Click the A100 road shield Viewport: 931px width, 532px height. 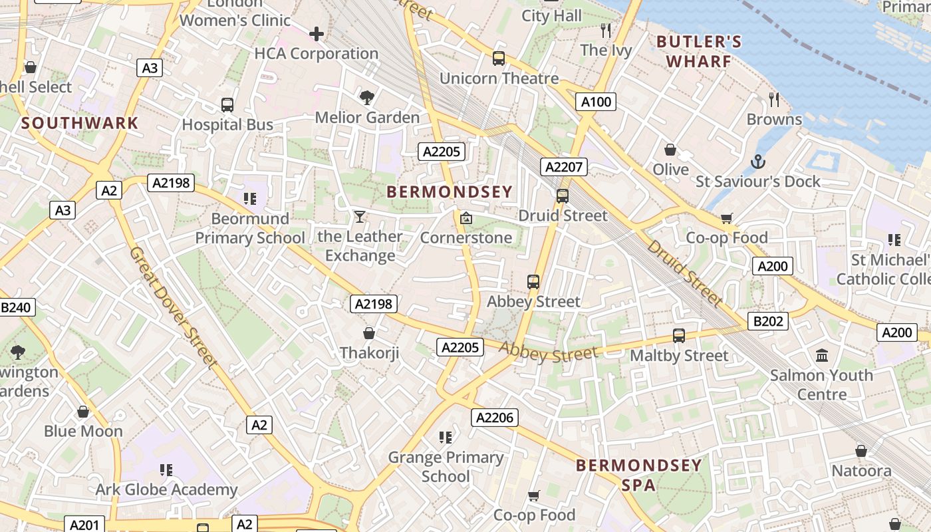(595, 102)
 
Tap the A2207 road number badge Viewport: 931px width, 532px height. (563, 167)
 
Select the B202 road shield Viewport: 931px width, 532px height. (768, 321)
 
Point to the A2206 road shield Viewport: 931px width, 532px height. (495, 418)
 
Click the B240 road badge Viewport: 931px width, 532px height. (17, 307)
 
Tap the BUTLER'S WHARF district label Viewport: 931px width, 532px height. (699, 52)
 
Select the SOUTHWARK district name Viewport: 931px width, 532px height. (80, 123)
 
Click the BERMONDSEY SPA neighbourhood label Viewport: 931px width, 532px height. (638, 475)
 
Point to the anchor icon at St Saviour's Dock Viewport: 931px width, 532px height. (757, 162)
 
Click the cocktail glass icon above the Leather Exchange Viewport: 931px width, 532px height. (360, 216)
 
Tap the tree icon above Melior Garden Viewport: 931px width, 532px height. (366, 98)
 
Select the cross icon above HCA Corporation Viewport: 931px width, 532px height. (317, 33)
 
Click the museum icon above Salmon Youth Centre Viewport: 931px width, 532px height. (822, 355)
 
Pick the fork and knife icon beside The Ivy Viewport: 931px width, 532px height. (605, 30)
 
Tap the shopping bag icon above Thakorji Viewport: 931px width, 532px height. (369, 332)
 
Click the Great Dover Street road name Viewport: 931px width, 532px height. (173, 308)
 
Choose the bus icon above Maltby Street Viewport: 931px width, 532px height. (679, 336)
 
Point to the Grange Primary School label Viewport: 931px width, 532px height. (446, 467)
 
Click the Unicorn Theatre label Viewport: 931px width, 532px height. (499, 78)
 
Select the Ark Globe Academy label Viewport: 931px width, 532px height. (166, 490)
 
